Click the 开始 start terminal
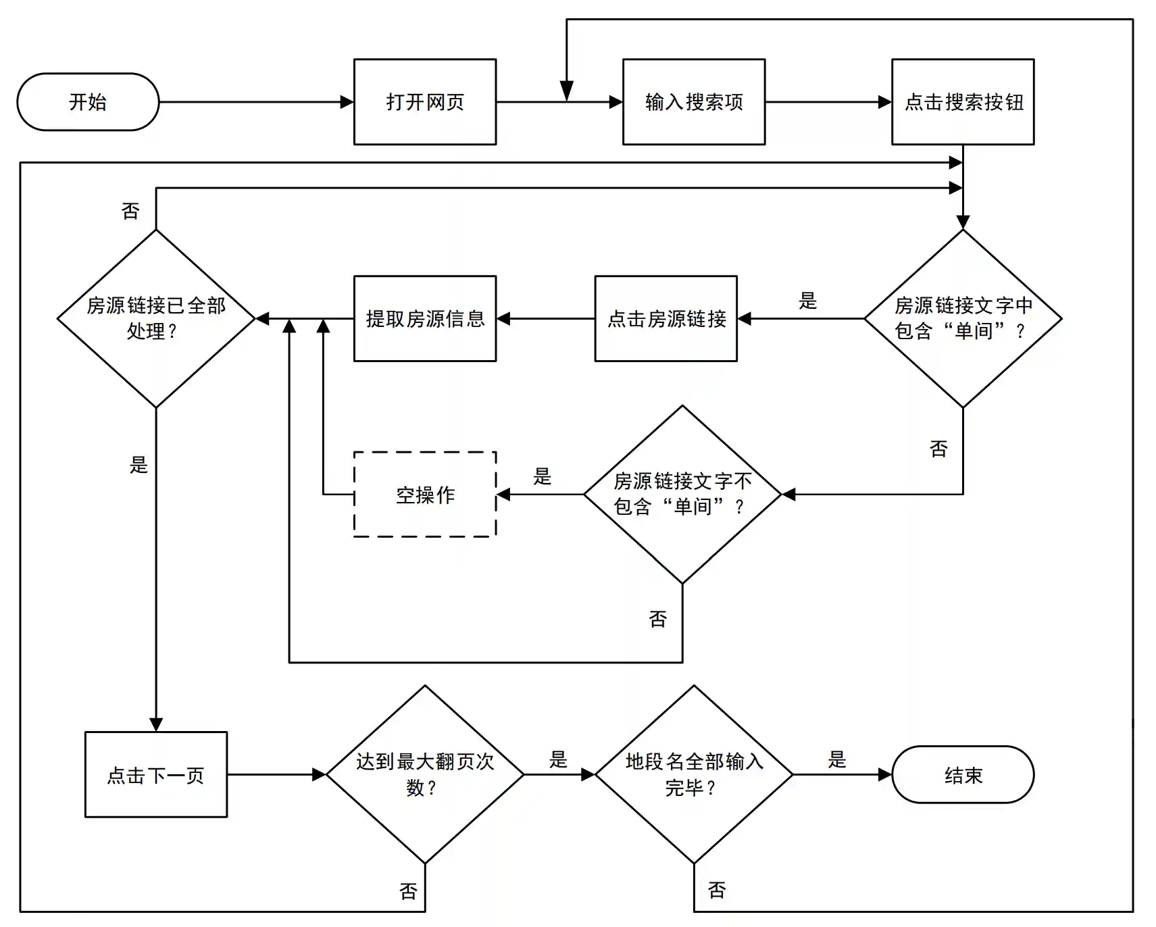(x=88, y=102)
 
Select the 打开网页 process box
(x=425, y=102)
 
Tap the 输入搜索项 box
(x=694, y=102)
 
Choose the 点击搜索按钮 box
(x=963, y=102)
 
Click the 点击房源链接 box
(x=666, y=319)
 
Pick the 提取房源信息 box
(x=425, y=319)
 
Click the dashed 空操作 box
(x=425, y=495)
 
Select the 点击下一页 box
(x=156, y=774)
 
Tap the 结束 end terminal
(x=963, y=774)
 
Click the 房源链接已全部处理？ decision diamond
(x=156, y=318)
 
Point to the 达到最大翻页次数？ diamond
(x=425, y=774)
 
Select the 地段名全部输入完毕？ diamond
(x=694, y=774)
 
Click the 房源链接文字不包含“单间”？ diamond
(x=682, y=494)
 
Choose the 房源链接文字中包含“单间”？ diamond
(x=963, y=318)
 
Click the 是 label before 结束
(x=837, y=759)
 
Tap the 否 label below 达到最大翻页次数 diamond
(x=409, y=891)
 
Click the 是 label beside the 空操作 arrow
(x=543, y=476)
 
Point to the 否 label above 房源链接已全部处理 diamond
(x=130, y=211)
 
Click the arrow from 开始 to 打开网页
(x=257, y=102)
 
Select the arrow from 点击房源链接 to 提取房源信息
(x=546, y=319)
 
